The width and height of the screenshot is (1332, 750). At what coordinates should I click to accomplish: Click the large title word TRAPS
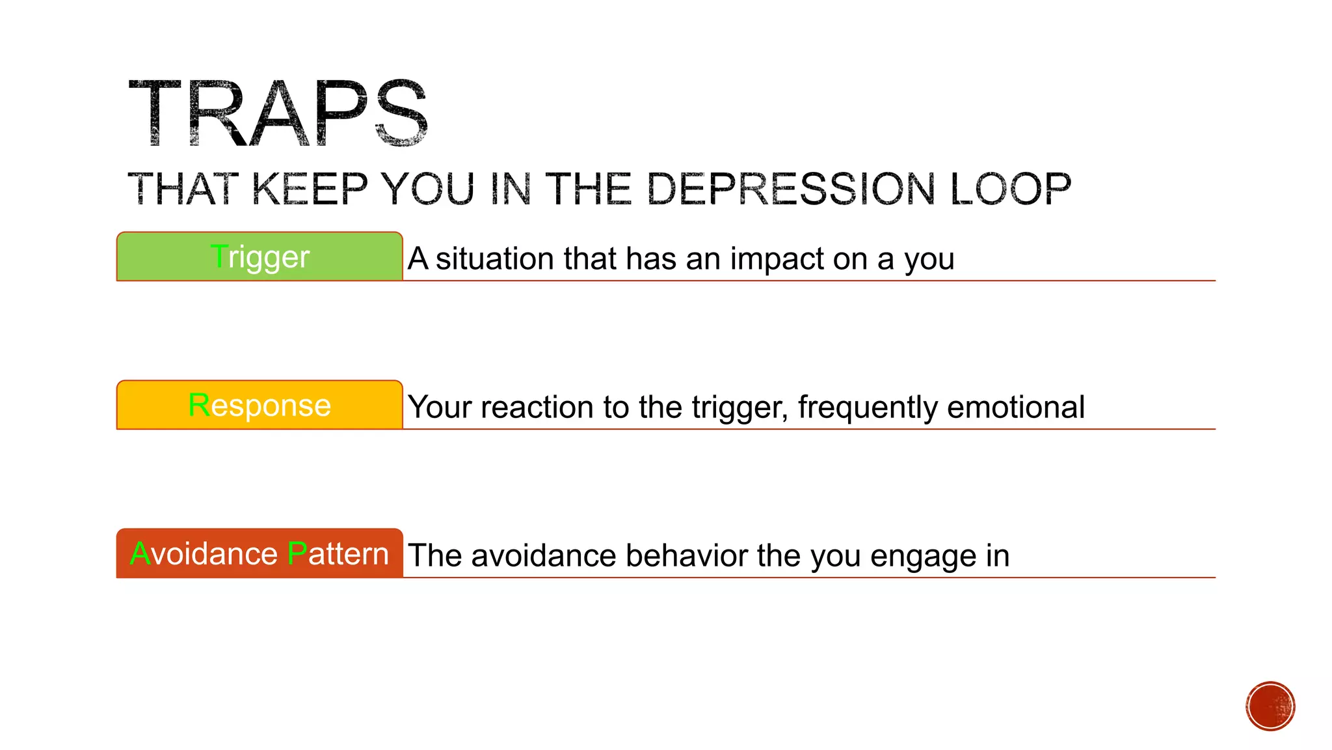tap(278, 113)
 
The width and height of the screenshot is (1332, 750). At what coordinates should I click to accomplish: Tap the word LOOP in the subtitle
tap(1011, 189)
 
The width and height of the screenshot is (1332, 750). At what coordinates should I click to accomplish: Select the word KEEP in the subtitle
tap(310, 189)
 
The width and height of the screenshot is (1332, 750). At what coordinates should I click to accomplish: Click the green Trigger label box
tap(260, 257)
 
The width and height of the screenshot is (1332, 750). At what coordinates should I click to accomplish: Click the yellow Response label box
tap(260, 405)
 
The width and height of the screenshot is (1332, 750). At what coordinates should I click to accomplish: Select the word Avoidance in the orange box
tap(204, 554)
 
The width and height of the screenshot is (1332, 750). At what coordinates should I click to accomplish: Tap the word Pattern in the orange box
tap(338, 554)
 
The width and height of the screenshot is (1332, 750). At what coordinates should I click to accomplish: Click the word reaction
tap(537, 407)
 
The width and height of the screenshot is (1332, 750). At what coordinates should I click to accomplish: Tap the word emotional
tap(1016, 407)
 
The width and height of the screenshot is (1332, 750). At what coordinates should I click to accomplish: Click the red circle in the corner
tap(1270, 706)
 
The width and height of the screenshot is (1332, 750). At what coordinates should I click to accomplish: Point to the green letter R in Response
tap(198, 405)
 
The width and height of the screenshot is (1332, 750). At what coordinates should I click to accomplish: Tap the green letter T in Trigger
tap(219, 256)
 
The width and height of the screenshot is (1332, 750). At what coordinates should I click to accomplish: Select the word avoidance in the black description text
tap(543, 555)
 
